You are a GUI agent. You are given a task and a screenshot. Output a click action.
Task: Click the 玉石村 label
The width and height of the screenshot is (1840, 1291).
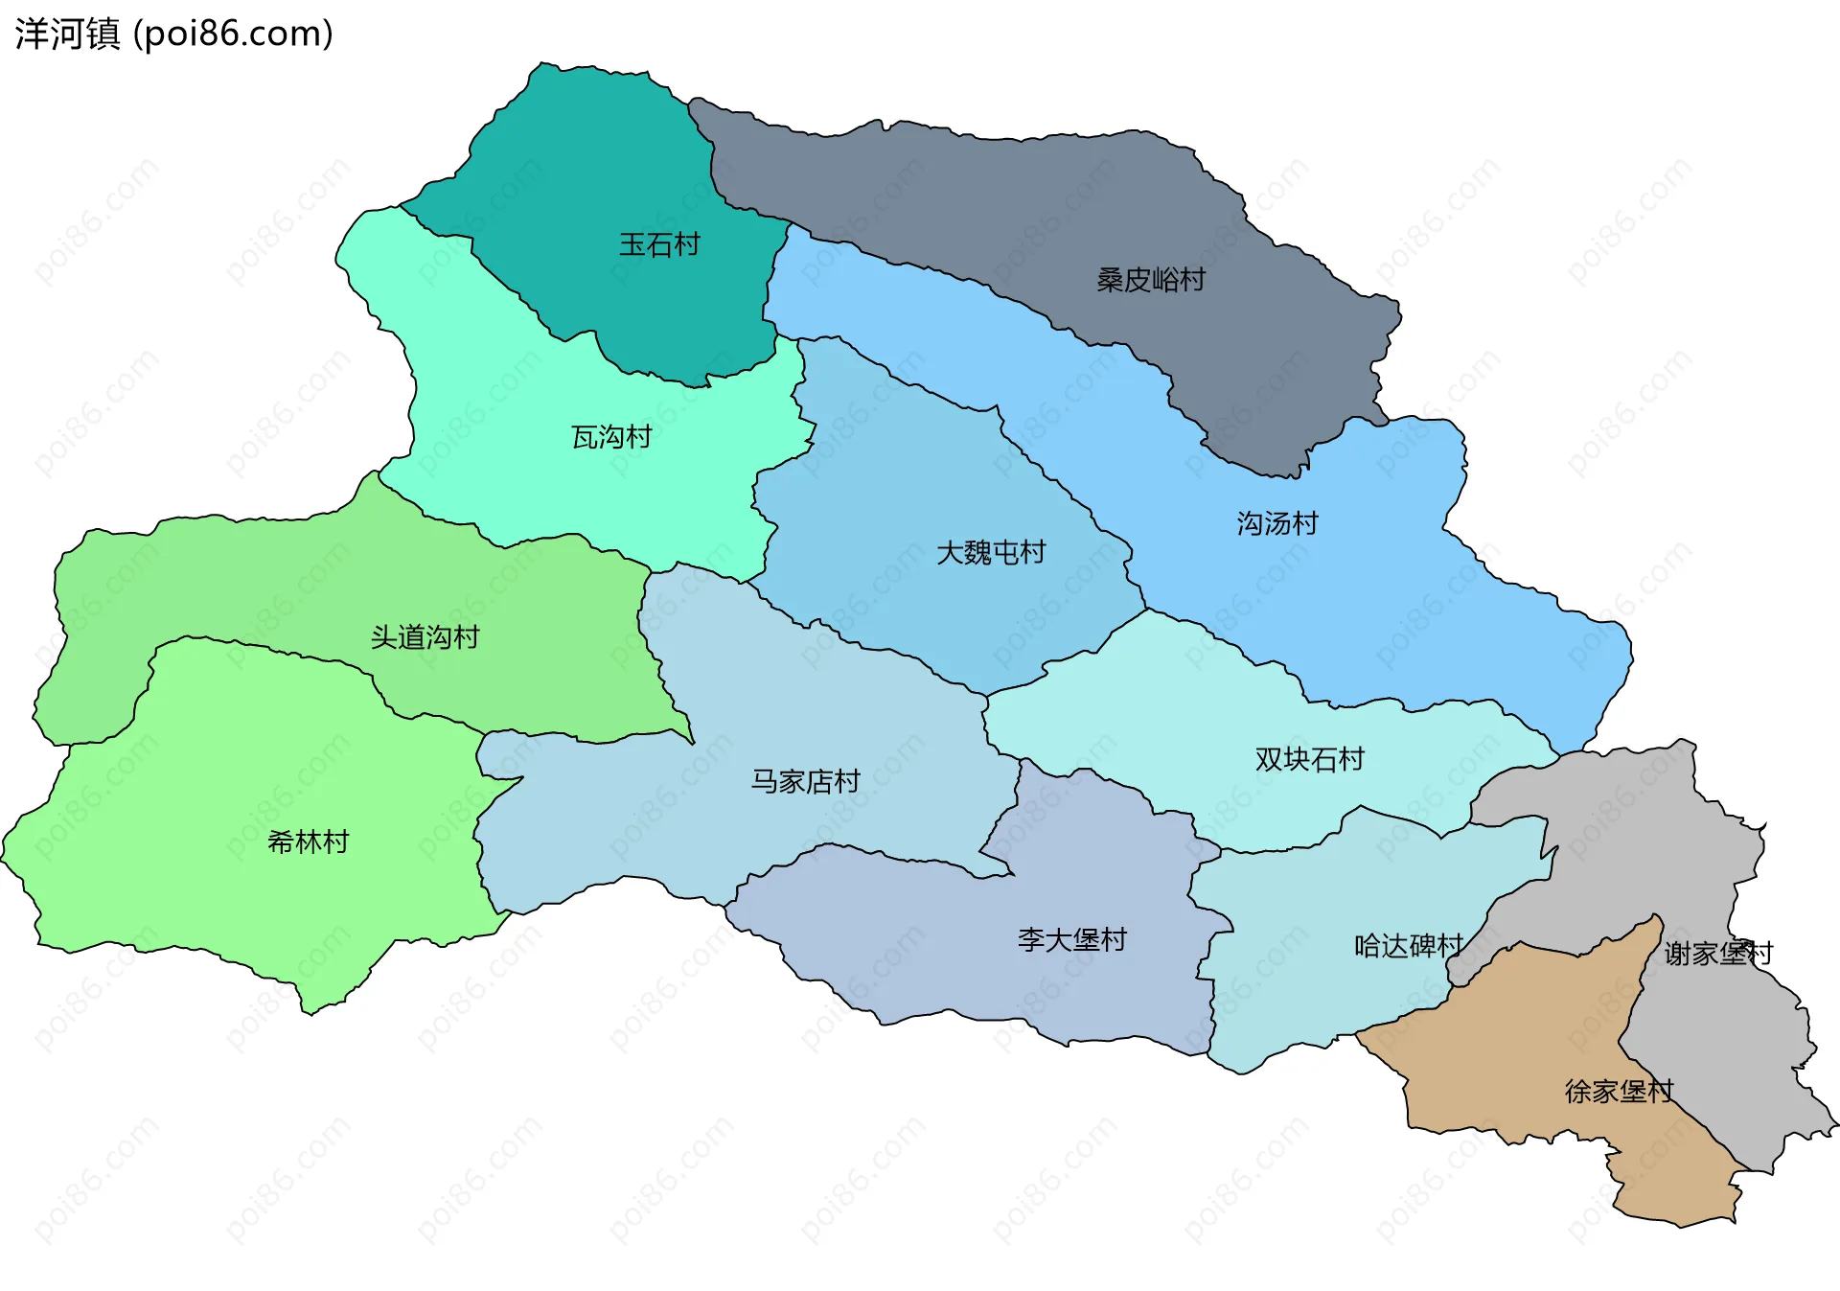pos(658,244)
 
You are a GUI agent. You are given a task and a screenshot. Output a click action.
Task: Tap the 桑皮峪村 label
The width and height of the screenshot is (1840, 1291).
pos(1150,280)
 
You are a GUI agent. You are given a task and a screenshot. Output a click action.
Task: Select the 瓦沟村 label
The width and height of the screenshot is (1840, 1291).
pos(611,437)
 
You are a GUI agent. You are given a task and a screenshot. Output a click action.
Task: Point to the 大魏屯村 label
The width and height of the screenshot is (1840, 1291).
pos(990,552)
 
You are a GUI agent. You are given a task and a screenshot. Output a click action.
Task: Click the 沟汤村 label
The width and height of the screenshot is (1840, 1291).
pos(1276,523)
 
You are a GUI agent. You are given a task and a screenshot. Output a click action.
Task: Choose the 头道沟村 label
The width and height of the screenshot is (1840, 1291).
pos(425,637)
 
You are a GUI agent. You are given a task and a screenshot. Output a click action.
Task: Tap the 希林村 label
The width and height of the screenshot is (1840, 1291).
pos(308,842)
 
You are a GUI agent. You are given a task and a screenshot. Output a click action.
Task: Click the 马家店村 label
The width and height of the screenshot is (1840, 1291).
pos(805,781)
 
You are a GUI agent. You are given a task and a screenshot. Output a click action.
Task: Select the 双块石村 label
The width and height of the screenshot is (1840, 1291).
pos(1309,759)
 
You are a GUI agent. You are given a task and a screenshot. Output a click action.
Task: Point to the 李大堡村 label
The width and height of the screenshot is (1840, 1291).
pos(1071,939)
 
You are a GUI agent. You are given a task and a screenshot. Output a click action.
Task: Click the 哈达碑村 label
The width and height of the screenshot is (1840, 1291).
pos(1408,946)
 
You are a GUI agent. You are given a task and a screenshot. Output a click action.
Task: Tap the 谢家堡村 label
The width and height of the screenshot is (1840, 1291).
pos(1718,953)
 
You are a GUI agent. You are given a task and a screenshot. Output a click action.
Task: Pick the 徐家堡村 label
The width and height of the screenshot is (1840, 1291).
pos(1619,1091)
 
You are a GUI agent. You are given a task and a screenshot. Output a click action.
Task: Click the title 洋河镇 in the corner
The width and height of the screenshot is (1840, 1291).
pos(67,34)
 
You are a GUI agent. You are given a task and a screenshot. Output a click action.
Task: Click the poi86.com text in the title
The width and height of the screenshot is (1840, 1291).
pos(233,34)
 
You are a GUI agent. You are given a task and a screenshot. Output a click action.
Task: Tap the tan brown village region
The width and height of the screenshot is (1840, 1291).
pos(1514,1054)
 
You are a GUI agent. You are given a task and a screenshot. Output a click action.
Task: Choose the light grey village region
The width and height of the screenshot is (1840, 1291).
pos(1629,843)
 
